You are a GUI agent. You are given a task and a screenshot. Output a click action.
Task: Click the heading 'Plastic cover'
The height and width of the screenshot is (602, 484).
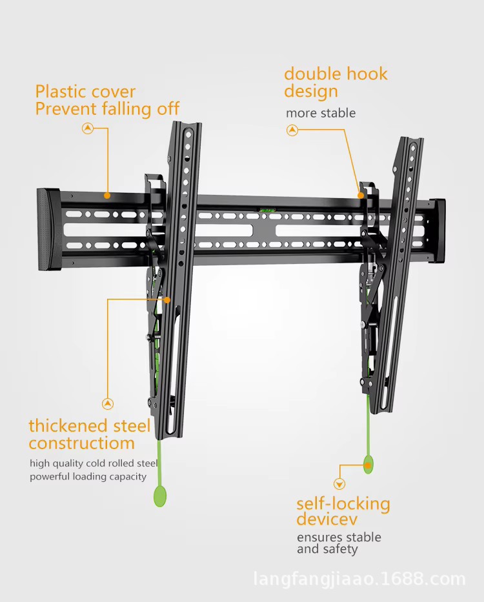[x=85, y=92]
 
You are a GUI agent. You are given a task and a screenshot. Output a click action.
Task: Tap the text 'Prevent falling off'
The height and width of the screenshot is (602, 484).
[x=107, y=109]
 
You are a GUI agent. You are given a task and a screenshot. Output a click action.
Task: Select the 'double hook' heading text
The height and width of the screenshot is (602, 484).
[x=336, y=74]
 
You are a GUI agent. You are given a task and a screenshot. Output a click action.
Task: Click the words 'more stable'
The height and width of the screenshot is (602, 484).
[x=321, y=113]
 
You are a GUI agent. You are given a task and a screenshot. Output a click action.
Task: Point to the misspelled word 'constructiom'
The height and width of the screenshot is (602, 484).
[x=81, y=443]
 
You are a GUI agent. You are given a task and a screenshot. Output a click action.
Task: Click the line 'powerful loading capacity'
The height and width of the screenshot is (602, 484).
[x=88, y=477]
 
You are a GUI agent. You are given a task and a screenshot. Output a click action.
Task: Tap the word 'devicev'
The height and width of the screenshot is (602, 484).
[x=327, y=519]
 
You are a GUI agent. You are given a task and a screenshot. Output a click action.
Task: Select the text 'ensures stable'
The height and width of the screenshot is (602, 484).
[x=339, y=537]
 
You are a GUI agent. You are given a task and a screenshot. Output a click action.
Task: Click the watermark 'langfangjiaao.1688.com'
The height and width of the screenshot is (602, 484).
[x=359, y=579]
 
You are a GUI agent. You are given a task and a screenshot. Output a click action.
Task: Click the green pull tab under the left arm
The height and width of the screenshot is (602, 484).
[x=159, y=496]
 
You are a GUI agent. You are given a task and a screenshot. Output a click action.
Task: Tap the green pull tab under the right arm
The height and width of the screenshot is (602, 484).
[x=368, y=465]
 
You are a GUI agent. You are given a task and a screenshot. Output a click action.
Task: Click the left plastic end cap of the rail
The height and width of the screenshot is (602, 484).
[x=48, y=229]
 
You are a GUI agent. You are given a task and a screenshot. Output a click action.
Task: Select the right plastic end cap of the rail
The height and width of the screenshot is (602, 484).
[x=438, y=231]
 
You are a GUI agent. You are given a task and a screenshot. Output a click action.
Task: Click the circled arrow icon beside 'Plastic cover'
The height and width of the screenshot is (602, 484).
[x=88, y=128]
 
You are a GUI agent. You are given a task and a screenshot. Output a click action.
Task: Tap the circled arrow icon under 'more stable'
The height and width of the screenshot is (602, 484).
[x=292, y=130]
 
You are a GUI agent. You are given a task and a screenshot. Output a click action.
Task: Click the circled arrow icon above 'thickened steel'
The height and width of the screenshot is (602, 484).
[x=108, y=404]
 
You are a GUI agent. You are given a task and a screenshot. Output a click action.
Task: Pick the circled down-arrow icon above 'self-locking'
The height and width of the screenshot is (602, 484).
[x=339, y=484]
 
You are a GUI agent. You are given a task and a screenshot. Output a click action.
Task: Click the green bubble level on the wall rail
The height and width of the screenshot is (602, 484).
[x=266, y=209]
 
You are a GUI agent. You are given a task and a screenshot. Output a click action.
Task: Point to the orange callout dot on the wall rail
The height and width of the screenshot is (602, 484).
[x=107, y=195]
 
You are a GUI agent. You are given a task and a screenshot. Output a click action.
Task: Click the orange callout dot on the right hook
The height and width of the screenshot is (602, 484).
[x=361, y=194]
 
